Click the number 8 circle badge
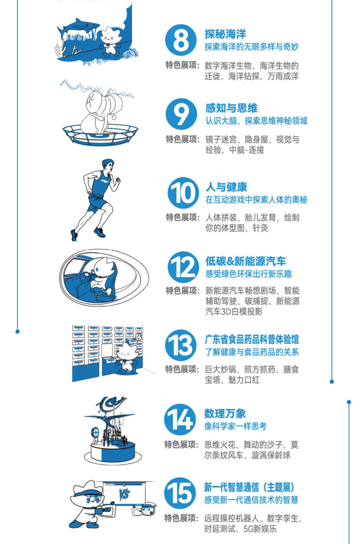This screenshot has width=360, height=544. pyautogui.click(x=181, y=40)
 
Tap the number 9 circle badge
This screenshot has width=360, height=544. pyautogui.click(x=181, y=114)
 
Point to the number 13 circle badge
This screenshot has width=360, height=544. pyautogui.click(x=181, y=345)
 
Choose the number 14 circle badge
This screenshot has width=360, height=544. pyautogui.click(x=180, y=419)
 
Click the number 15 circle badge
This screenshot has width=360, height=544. pyautogui.click(x=180, y=493)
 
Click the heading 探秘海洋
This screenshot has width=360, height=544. pyautogui.click(x=226, y=34)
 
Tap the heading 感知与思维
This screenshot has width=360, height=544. pyautogui.click(x=232, y=108)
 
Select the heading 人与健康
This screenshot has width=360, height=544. pyautogui.click(x=226, y=187)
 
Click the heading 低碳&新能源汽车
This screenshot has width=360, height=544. pyautogui.click(x=246, y=261)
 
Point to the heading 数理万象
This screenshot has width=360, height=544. pyautogui.click(x=225, y=414)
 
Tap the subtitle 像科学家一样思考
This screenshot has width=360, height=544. pyautogui.click(x=235, y=426)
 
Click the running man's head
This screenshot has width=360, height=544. pyautogui.click(x=108, y=165)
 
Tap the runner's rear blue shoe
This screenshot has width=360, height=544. pyautogui.click(x=74, y=235)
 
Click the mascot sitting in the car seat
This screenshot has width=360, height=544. pyautogui.click(x=101, y=276)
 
